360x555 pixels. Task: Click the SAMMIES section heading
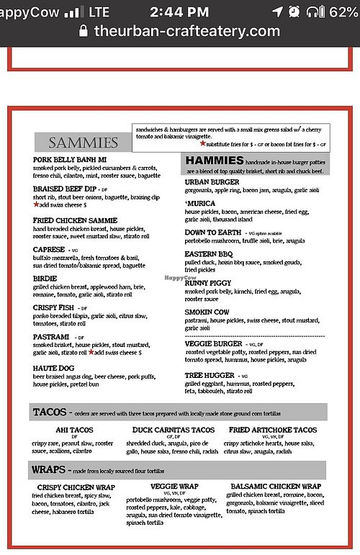point(83,143)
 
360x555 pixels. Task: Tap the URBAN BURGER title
point(212,182)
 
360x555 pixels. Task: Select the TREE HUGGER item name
point(210,375)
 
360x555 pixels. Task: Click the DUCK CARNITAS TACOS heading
point(174,430)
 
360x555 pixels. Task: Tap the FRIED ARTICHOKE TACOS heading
point(272,430)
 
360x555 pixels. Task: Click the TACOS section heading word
point(50,412)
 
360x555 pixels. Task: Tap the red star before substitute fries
point(202,144)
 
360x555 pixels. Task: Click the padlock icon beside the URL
point(84,31)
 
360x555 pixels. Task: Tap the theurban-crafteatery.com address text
point(189,31)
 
